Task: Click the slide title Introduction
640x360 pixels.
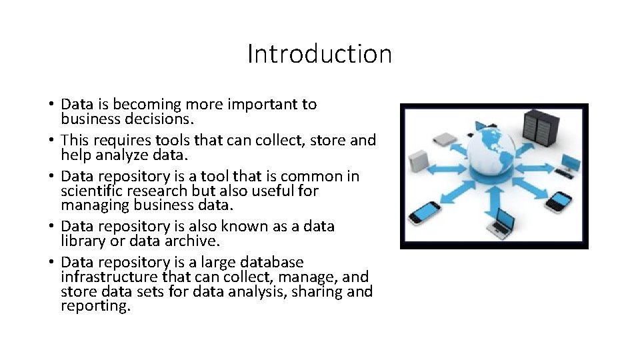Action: (x=319, y=54)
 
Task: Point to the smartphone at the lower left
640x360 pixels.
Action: (x=425, y=213)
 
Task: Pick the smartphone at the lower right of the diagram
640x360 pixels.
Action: (x=561, y=199)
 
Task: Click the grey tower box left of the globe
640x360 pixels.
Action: (x=418, y=161)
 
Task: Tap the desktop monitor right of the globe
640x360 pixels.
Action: (x=569, y=162)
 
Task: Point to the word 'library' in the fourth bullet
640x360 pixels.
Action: (x=83, y=241)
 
